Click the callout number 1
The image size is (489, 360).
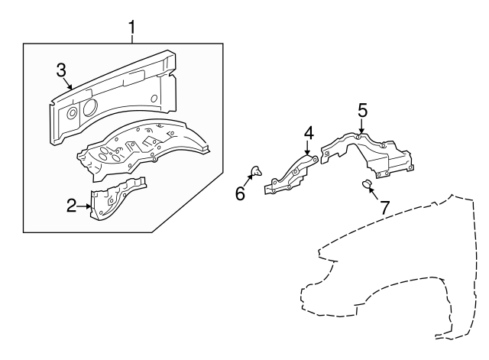132,28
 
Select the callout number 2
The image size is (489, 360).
71,206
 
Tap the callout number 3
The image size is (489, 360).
61,70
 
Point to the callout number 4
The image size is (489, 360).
309,133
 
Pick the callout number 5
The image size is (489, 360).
362,111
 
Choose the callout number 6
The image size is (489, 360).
240,193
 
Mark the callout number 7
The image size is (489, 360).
385,207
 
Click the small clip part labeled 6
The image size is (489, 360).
257,171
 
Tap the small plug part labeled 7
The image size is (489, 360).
366,184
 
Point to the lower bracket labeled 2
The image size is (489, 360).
117,198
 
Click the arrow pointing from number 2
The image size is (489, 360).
84,206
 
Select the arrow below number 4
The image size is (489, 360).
308,148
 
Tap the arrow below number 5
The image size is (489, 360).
361,126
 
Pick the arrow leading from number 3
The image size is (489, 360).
67,83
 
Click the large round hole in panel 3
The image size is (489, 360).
90,106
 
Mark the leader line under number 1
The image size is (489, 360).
132,39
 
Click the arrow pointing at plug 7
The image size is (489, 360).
375,193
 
